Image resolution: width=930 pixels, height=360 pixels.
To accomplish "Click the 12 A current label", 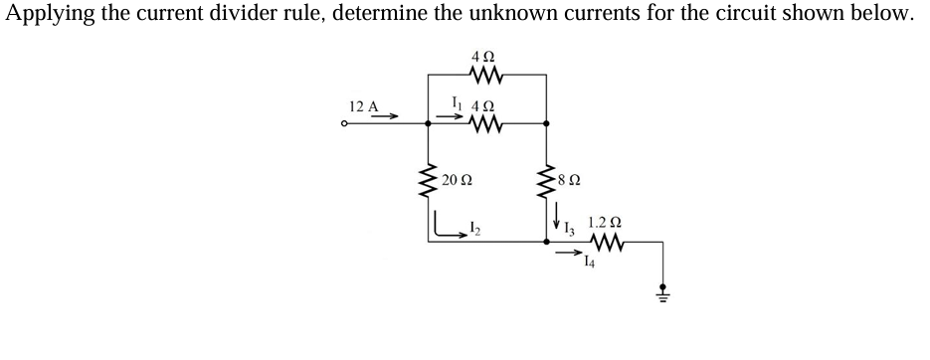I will [363, 105].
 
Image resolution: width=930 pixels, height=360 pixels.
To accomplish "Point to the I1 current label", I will [456, 101].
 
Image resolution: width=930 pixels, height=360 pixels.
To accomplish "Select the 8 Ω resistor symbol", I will [546, 180].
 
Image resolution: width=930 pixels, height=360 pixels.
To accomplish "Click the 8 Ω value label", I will [569, 181].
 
